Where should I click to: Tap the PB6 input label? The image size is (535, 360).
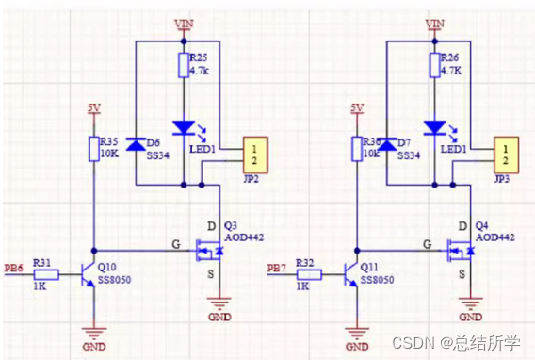click(x=16, y=269)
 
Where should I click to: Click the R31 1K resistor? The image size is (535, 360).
click(x=48, y=276)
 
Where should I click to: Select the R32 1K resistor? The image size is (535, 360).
click(x=309, y=276)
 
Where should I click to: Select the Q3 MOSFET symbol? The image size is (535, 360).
click(x=207, y=250)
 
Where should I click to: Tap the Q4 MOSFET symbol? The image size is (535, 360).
click(x=461, y=250)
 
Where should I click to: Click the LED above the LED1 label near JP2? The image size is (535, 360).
click(x=183, y=126)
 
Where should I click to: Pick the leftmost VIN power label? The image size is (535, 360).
click(x=182, y=22)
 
